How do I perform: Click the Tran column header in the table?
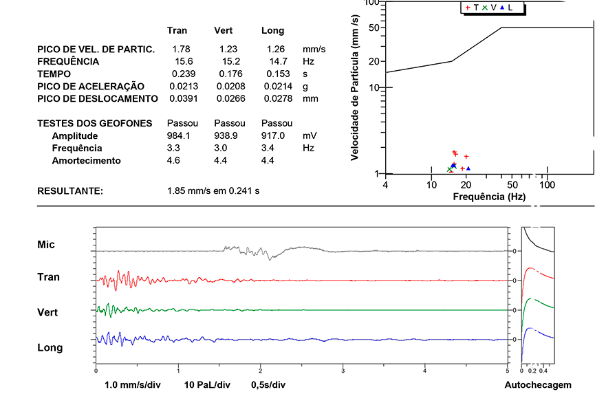(177, 31)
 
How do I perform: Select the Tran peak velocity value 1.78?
(182, 50)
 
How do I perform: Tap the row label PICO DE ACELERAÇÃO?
(91, 87)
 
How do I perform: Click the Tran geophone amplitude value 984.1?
(180, 136)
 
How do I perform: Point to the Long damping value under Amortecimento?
(268, 161)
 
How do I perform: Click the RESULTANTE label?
(70, 190)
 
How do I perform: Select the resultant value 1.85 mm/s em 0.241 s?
(213, 190)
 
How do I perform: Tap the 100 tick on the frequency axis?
(547, 185)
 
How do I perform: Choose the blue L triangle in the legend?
(502, 8)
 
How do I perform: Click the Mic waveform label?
(46, 245)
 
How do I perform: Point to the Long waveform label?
(50, 348)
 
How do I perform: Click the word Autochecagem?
(538, 385)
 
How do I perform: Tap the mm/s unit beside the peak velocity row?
(314, 50)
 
